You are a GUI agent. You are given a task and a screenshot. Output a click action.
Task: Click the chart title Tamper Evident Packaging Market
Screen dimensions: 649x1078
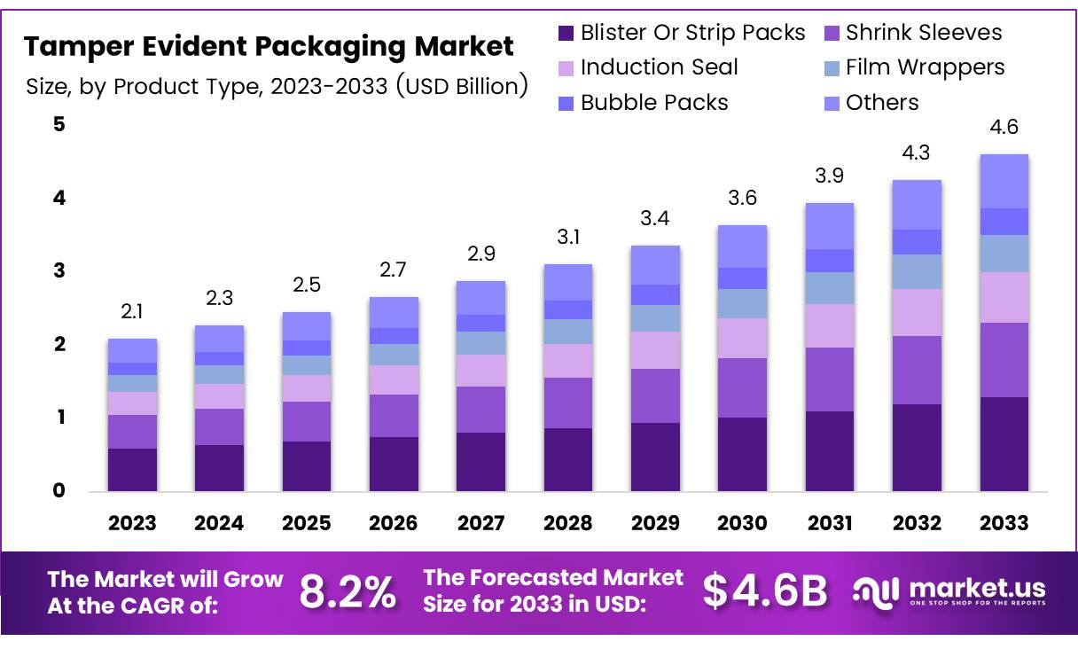pyautogui.click(x=269, y=46)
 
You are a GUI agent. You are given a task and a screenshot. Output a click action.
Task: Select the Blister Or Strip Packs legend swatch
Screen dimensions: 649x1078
pyautogui.click(x=566, y=34)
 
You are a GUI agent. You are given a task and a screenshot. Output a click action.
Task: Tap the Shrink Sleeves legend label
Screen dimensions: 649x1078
pyautogui.click(x=923, y=33)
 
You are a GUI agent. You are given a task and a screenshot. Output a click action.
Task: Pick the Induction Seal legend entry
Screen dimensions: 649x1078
pyautogui.click(x=659, y=67)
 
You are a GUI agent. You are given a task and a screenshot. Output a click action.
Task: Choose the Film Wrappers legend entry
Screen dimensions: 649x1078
pyautogui.click(x=925, y=67)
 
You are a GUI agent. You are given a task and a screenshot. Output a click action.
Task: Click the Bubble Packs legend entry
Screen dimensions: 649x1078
pyautogui.click(x=654, y=103)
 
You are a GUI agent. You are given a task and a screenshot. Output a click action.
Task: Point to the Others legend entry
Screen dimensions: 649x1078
pyautogui.click(x=881, y=103)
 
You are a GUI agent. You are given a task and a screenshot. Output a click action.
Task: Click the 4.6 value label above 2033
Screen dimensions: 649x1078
pyautogui.click(x=1004, y=128)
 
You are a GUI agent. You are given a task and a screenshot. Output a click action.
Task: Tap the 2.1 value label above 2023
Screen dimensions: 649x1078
pyautogui.click(x=131, y=311)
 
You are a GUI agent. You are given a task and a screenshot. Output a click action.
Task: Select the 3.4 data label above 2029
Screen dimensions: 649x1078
pyautogui.click(x=655, y=218)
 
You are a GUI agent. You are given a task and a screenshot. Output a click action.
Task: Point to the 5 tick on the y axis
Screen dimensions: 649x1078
pyautogui.click(x=59, y=124)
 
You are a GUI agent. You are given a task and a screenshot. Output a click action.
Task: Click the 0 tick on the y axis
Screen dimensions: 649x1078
pyautogui.click(x=59, y=490)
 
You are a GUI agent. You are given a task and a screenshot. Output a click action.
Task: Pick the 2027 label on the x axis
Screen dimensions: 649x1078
pyautogui.click(x=480, y=523)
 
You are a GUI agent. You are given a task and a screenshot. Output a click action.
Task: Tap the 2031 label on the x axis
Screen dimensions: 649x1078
pyautogui.click(x=829, y=523)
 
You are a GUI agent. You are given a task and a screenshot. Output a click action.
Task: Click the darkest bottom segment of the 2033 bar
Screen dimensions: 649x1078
pyautogui.click(x=1004, y=443)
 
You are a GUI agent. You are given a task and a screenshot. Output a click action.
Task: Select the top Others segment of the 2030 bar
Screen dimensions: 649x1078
pyautogui.click(x=742, y=246)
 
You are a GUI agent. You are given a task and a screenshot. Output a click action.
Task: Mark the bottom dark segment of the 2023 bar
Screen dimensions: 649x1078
pyautogui.click(x=132, y=469)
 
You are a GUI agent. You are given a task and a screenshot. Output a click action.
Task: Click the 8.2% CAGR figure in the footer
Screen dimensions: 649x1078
pyautogui.click(x=348, y=592)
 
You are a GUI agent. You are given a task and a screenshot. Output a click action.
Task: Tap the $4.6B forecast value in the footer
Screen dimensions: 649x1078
pyautogui.click(x=765, y=592)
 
